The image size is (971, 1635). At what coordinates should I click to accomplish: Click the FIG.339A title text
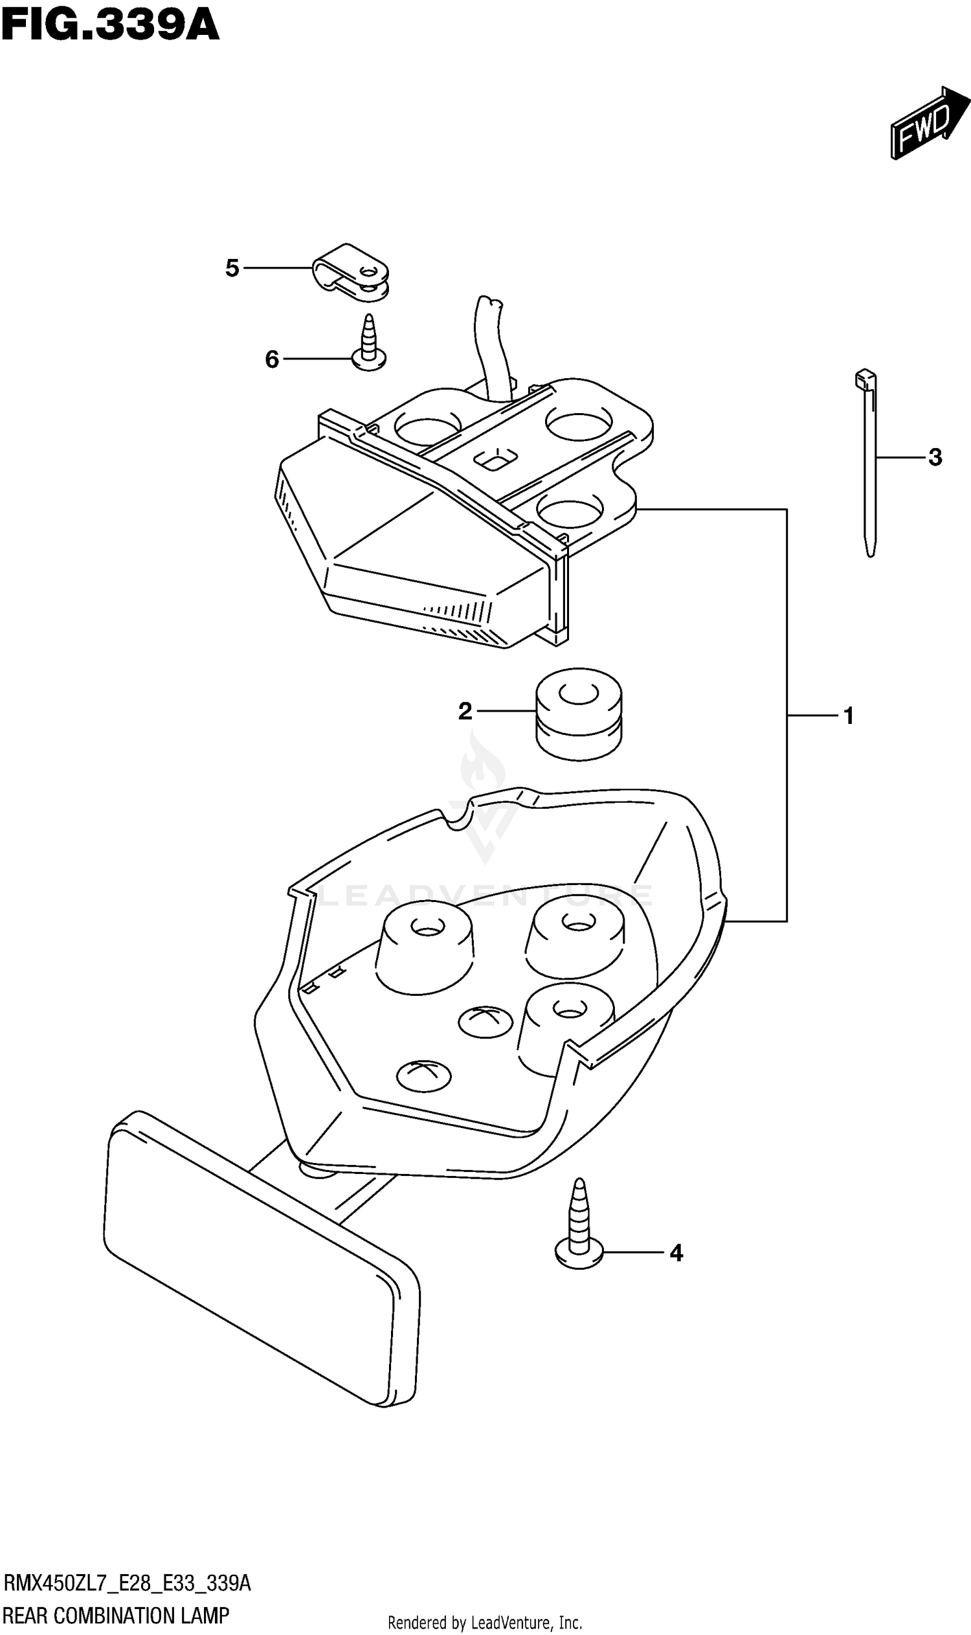110,26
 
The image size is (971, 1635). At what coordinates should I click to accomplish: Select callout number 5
232,268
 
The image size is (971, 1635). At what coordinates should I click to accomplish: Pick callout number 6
271,359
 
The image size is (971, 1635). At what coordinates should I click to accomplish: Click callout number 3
935,458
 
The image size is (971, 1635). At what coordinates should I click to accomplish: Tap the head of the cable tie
864,379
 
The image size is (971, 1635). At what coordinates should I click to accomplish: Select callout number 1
849,716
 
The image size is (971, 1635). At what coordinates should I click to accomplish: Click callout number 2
465,712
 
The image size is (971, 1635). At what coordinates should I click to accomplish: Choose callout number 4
676,1254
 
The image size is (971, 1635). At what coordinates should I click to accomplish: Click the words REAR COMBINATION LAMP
117,1616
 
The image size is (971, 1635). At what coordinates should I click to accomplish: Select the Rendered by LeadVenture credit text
485,1623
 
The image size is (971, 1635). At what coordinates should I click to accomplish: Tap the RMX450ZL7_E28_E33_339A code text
127,1583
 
